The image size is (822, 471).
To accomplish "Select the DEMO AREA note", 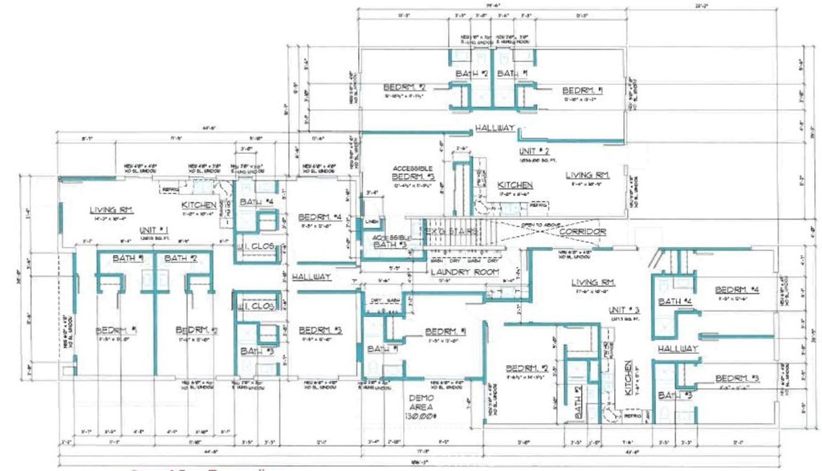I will pos(424,406).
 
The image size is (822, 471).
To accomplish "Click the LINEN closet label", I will pos(371,221).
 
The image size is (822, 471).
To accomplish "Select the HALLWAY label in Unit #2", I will pos(494,128).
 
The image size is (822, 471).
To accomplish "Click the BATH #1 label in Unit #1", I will pos(128,258).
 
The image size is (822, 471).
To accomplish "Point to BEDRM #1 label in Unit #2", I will pos(584,90).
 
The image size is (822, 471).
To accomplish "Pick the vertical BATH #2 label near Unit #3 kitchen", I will pos(577,404).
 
